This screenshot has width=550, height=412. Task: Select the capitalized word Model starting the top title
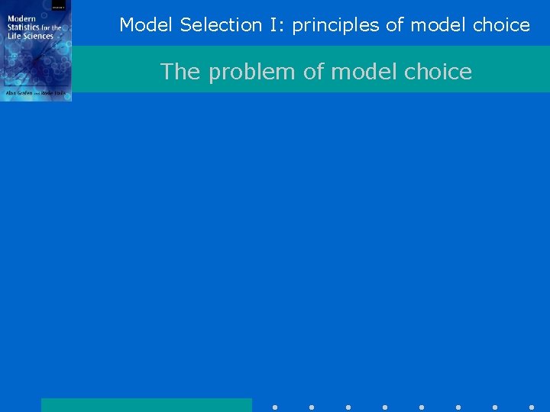(x=147, y=25)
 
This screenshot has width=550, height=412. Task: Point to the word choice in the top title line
(x=501, y=25)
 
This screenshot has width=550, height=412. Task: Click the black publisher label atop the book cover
(x=59, y=5)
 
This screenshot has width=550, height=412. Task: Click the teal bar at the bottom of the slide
(x=146, y=404)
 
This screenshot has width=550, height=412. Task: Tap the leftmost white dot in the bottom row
(x=275, y=407)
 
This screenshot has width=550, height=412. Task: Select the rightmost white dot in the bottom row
(x=532, y=407)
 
